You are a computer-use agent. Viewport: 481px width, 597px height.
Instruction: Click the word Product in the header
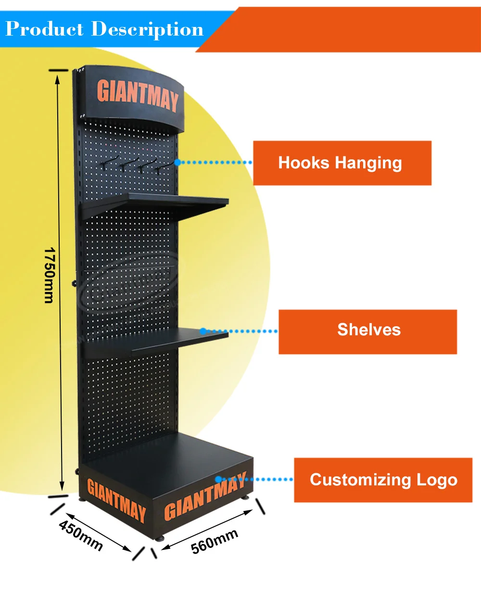44,29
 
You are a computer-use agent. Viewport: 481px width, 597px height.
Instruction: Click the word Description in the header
147,30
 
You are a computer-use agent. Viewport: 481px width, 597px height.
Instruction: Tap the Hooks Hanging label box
342,163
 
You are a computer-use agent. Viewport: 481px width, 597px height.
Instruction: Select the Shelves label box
367,331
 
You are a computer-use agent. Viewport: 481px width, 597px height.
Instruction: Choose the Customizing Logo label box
383,480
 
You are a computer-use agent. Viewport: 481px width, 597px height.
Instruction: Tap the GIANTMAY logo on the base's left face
116,500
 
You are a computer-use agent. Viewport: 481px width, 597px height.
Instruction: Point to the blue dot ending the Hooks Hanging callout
177,163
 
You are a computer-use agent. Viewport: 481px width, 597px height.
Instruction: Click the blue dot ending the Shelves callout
203,331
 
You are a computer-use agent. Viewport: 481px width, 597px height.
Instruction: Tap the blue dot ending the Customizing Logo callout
218,479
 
